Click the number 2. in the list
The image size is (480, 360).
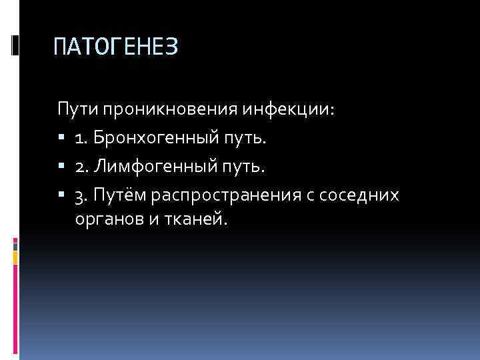coord(81,166)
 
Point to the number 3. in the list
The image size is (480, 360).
coord(81,195)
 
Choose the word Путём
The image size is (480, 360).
coord(120,195)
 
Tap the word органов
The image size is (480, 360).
coord(104,219)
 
